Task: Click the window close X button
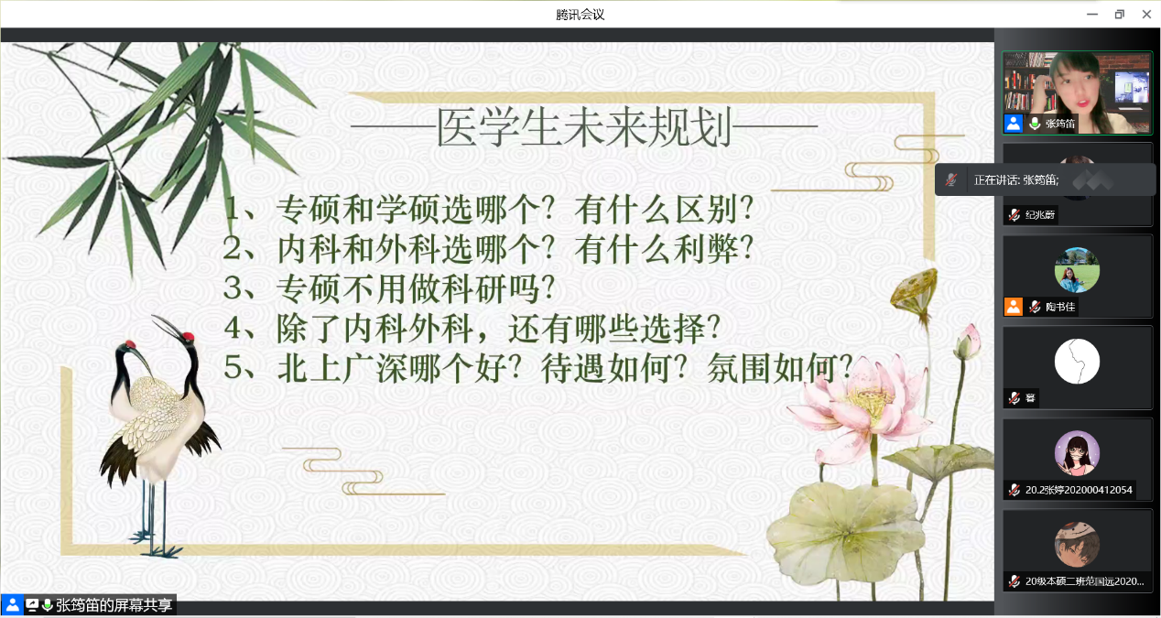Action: coord(1146,15)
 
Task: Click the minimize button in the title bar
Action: coord(1092,15)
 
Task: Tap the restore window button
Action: coord(1120,15)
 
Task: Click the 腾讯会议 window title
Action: coord(580,15)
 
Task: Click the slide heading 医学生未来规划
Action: coord(584,127)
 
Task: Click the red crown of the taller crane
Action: coord(188,336)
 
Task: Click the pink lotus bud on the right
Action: coord(968,340)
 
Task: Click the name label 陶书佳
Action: coord(1060,307)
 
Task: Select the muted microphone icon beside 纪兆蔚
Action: coord(1015,214)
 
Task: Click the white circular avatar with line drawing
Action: coord(1077,362)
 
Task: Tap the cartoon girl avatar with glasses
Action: coord(1077,453)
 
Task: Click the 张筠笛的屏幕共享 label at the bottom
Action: coord(114,605)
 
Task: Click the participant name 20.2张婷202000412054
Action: coord(1079,490)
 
